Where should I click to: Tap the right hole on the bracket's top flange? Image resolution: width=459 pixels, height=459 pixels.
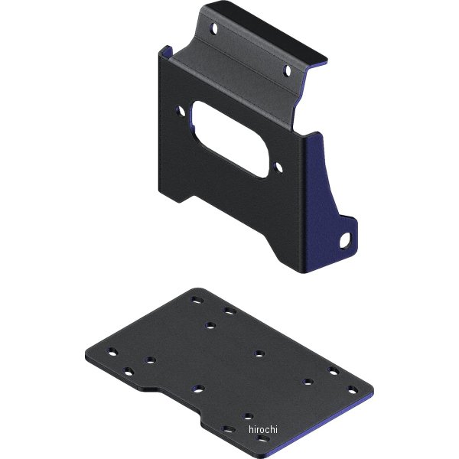[x=288, y=71]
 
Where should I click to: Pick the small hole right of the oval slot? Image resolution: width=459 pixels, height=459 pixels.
[x=279, y=166]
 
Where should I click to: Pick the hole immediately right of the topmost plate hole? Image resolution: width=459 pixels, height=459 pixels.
[x=228, y=310]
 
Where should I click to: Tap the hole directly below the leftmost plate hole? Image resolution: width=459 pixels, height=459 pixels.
[x=128, y=372]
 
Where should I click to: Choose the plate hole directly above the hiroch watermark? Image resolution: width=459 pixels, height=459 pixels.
[x=248, y=416]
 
